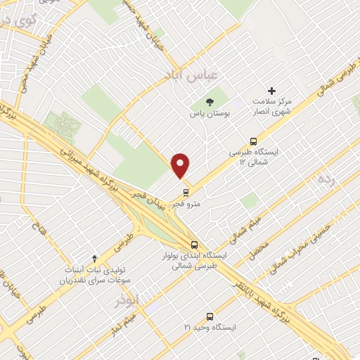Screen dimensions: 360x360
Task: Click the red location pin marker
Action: coord(181,165)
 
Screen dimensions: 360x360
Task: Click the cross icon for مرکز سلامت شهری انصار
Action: coord(271,91)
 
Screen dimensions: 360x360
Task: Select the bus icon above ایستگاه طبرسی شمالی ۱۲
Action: coord(254,141)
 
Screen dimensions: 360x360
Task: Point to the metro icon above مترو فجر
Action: coord(186,191)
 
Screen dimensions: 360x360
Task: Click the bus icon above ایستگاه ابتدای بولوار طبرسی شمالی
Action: coord(195,245)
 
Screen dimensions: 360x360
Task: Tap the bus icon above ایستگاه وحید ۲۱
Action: coord(209,316)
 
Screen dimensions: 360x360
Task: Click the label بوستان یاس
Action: coord(209,112)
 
